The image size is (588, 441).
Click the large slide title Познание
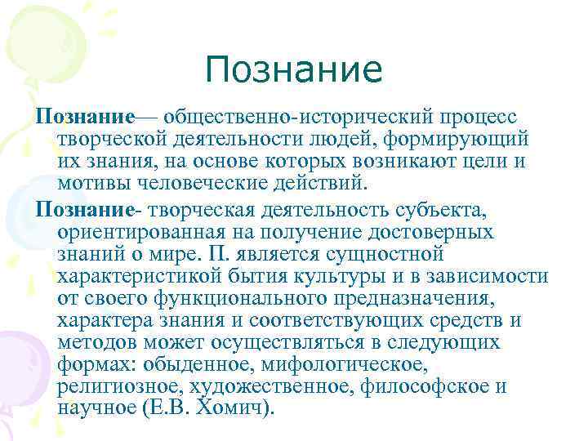point(294,69)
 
